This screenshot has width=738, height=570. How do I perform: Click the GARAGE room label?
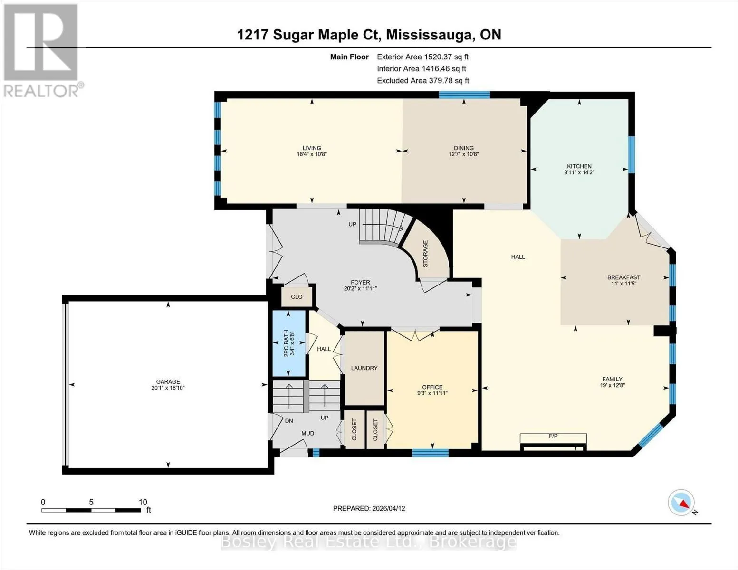pos(168,381)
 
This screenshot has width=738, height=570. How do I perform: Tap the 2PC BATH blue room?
pos(289,343)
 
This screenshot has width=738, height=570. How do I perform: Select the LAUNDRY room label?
pos(364,368)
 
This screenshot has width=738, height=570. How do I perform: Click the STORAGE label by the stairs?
pos(425,254)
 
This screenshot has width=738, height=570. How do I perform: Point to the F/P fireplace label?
pos(553,436)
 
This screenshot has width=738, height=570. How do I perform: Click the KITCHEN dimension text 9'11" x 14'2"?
pos(579,172)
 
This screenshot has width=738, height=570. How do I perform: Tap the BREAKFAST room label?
pos(624,277)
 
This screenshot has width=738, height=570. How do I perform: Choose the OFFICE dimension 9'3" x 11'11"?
pos(432,393)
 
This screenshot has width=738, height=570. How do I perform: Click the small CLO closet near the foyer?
pos(297,297)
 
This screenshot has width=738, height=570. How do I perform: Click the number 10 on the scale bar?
pos(143,502)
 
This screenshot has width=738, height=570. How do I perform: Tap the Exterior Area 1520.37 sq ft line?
pos(422,57)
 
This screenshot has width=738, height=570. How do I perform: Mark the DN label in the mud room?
pos(288,421)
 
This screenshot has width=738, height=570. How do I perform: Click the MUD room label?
pos(308,434)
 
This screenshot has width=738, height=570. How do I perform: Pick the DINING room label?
pos(464,148)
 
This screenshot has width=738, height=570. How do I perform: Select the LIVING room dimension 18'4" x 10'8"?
pos(312,154)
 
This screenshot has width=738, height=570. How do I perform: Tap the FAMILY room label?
pos(613,379)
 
